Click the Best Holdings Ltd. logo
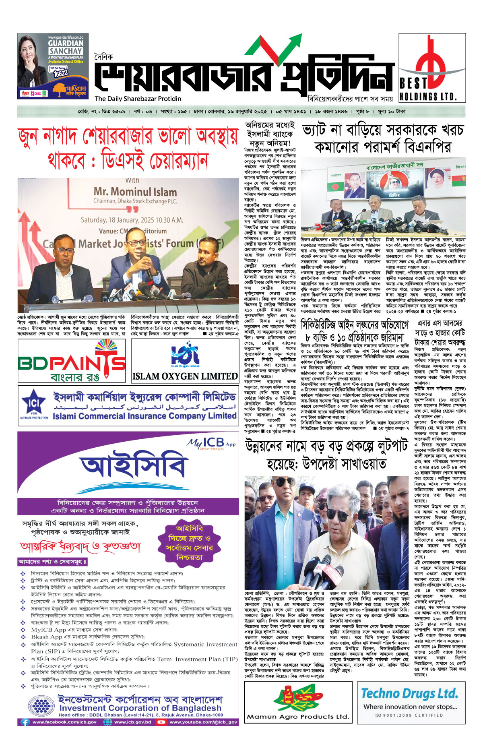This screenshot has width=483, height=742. coord(432,67)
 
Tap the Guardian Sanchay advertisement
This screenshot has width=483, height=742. coord(53,66)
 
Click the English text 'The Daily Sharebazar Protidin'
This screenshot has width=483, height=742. coord(138,99)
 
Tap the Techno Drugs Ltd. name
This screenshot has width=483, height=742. coord(409,693)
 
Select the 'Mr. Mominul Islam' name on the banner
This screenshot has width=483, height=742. coord(135,192)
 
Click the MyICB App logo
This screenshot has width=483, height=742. coord(211,443)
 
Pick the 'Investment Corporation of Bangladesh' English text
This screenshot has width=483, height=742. coord(140,708)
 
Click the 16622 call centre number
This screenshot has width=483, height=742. coord(60,73)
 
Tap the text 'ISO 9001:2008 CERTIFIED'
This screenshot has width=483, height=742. coord(409,715)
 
